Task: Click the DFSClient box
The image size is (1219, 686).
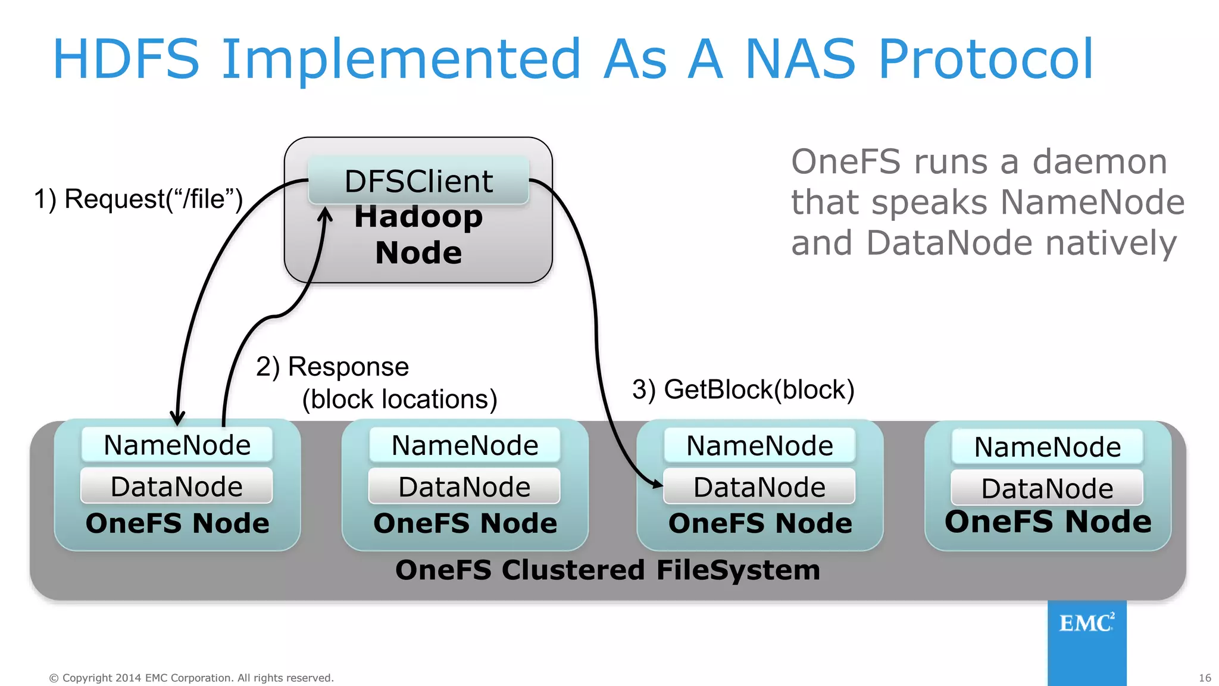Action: pyautogui.click(x=418, y=181)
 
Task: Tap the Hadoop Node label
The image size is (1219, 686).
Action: pyautogui.click(x=418, y=235)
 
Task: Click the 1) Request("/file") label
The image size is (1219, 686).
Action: pyautogui.click(x=138, y=199)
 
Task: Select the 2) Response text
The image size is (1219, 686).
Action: pyautogui.click(x=332, y=367)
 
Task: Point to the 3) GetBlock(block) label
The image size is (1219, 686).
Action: pyautogui.click(x=743, y=389)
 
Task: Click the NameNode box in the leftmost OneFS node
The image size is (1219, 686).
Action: pyautogui.click(x=177, y=445)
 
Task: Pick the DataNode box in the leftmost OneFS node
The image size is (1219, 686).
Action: pyautogui.click(x=177, y=487)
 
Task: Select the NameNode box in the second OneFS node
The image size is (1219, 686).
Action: pyautogui.click(x=464, y=445)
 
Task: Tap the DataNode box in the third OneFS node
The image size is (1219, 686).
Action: pyautogui.click(x=759, y=487)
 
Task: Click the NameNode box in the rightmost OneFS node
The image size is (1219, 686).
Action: pyautogui.click(x=1047, y=447)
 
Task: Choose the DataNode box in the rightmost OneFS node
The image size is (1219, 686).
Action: pyautogui.click(x=1047, y=488)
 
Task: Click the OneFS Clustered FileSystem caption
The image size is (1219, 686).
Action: pyautogui.click(x=608, y=570)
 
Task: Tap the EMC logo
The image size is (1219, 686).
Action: pyautogui.click(x=1086, y=623)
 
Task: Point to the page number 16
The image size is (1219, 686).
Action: pyautogui.click(x=1205, y=678)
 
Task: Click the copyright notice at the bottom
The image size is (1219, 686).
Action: pyautogui.click(x=191, y=678)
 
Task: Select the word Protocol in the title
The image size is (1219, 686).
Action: pyautogui.click(x=985, y=59)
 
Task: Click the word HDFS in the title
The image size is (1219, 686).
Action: pyautogui.click(x=126, y=59)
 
